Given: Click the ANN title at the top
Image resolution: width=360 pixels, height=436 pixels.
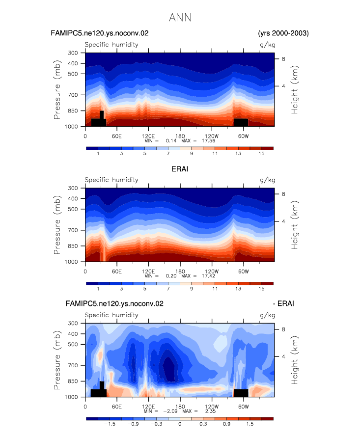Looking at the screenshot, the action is click(x=180, y=18).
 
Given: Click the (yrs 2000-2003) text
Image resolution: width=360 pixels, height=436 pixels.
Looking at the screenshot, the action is click(x=283, y=33).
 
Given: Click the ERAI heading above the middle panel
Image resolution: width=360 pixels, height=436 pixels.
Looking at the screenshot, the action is click(x=180, y=169).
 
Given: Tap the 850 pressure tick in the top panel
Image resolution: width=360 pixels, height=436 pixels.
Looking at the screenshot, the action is click(x=73, y=110).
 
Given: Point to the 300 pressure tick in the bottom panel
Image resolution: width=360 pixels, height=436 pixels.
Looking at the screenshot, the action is click(x=73, y=323).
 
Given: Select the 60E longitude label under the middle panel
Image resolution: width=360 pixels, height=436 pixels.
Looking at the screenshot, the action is click(x=116, y=272).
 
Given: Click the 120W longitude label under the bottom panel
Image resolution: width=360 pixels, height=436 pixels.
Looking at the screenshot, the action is click(x=212, y=407).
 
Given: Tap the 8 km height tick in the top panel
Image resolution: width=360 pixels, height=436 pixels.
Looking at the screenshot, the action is click(x=283, y=58).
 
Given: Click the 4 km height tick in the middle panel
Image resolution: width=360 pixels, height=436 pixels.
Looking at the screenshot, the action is click(x=283, y=221).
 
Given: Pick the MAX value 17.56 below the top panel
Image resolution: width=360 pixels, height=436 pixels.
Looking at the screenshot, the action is click(x=209, y=141).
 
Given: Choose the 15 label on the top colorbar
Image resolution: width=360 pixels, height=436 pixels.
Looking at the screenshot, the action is click(x=261, y=154).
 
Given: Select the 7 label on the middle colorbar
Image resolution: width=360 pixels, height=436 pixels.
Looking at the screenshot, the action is click(x=168, y=289).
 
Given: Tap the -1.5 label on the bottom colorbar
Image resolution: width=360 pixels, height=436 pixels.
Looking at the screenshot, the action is click(x=110, y=424).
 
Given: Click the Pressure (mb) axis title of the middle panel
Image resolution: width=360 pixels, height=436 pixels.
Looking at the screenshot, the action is click(x=57, y=225).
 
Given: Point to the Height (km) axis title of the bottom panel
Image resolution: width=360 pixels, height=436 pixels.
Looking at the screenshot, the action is click(x=295, y=360).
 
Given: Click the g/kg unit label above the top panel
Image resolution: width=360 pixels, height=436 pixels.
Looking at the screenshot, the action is click(x=267, y=45).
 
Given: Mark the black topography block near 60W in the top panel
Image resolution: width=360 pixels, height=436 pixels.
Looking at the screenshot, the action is click(x=241, y=122).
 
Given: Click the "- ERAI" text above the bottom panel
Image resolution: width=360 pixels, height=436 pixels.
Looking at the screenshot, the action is click(x=283, y=303).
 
